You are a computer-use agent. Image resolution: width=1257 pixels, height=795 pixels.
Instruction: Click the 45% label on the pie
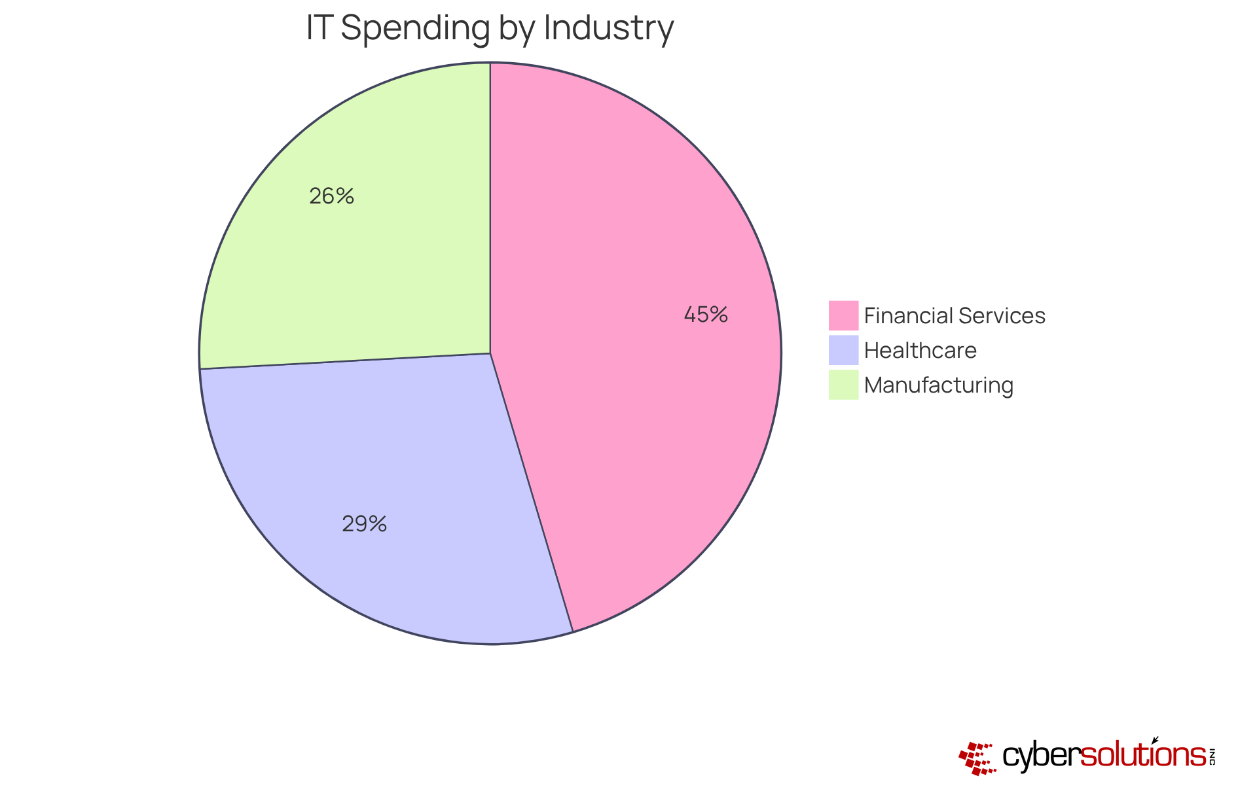tap(706, 315)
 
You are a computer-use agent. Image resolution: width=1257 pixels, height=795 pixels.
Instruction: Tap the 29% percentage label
tap(365, 524)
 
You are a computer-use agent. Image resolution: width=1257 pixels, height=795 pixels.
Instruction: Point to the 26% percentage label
tap(332, 196)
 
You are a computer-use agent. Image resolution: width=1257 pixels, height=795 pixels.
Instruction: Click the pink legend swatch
tap(843, 315)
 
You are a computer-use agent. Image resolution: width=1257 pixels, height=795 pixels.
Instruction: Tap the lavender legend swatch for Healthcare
tap(843, 350)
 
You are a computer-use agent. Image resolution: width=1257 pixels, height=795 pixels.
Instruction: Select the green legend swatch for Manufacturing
tap(843, 385)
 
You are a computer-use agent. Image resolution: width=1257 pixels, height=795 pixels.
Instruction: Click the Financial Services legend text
tap(955, 316)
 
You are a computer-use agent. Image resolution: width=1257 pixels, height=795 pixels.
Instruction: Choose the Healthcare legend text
tap(920, 351)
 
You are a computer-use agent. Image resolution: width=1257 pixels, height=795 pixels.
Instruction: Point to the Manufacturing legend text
tap(938, 385)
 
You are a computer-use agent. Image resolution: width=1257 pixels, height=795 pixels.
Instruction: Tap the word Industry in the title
tap(608, 29)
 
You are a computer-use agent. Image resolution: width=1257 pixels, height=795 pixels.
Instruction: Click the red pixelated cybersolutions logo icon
tap(977, 758)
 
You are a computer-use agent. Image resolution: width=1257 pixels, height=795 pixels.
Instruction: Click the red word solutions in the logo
tap(1142, 756)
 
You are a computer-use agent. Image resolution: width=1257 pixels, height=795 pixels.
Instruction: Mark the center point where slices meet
tap(490, 353)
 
